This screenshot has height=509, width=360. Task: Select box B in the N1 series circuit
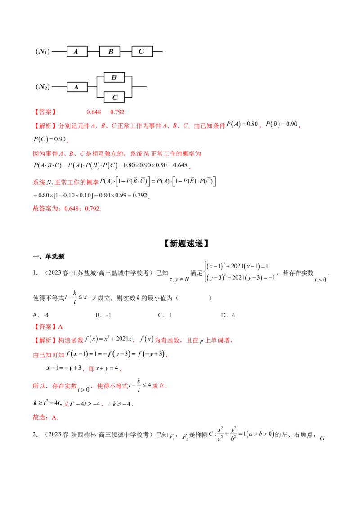(110, 52)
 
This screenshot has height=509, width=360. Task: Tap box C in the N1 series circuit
(142, 52)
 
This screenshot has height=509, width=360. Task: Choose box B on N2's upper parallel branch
(114, 77)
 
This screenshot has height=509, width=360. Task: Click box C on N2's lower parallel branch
(114, 96)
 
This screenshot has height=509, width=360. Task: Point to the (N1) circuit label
(42, 52)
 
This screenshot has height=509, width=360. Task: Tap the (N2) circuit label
(42, 87)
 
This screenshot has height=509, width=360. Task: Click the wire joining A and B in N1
(93, 52)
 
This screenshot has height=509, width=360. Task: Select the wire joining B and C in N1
(126, 52)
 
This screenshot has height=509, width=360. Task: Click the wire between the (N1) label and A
(59, 52)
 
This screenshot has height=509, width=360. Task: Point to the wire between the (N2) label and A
(59, 87)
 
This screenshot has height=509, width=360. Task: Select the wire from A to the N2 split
(92, 87)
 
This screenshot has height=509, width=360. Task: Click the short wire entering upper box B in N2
(101, 77)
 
